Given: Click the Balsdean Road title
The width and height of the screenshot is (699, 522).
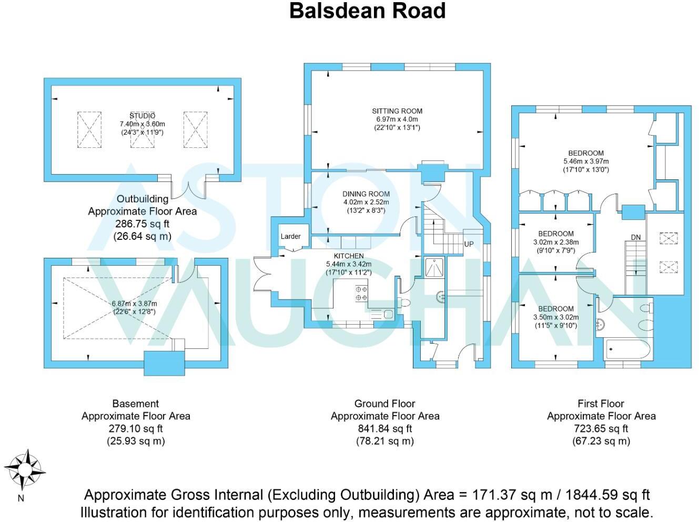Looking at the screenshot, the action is click(x=367, y=11).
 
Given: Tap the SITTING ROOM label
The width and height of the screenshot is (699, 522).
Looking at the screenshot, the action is click(x=397, y=111).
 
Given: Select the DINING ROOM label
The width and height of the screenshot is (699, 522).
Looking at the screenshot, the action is click(x=366, y=194).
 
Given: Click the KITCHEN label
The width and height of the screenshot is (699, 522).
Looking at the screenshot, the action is click(x=349, y=256).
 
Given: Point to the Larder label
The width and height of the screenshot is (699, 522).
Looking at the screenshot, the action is click(x=290, y=236).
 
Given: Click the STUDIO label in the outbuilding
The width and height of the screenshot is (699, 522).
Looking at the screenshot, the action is click(x=143, y=116).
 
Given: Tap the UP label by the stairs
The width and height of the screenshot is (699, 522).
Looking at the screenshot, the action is click(x=469, y=244).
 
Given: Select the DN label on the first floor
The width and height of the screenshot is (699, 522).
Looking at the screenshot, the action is click(x=636, y=237).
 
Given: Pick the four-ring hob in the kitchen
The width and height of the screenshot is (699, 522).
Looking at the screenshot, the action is click(x=361, y=293).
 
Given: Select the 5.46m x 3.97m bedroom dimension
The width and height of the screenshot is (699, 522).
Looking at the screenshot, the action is click(x=586, y=162).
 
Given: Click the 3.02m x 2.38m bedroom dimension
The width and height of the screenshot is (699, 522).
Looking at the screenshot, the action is click(x=556, y=242).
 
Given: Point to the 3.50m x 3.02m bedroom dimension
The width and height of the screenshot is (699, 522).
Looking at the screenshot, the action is click(x=556, y=317).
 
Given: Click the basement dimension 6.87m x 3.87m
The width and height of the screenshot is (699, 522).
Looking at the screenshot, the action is click(x=135, y=304).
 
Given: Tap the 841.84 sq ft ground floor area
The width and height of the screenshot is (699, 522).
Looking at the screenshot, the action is click(x=384, y=429).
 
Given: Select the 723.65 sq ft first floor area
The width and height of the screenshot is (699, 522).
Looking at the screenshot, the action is click(x=601, y=429).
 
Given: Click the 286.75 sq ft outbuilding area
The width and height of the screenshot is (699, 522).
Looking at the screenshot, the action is click(x=142, y=224).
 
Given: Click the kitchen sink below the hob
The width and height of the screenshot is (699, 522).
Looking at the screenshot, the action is click(x=382, y=314).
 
